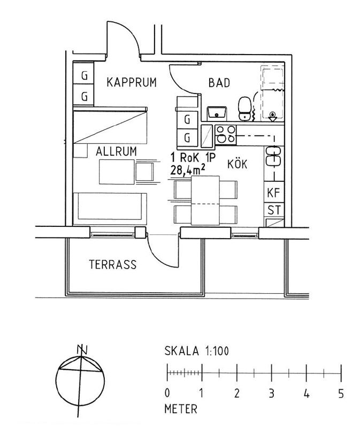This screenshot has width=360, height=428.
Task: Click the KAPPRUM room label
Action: pos(132,82)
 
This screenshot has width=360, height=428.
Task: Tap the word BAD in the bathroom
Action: pos(219,83)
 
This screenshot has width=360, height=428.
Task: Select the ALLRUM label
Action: pos(116,151)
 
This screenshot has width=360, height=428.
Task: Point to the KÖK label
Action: pos(238,164)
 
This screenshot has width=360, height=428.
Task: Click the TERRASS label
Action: pos(113,264)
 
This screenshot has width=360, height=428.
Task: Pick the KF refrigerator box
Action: pos(274,193)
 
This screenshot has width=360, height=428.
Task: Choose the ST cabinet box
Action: pos(274,210)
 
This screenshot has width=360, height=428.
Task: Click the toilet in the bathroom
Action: pos(244,109)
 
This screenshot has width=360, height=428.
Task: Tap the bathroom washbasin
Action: pos(217,113)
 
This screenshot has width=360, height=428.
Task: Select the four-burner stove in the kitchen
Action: pos(226,135)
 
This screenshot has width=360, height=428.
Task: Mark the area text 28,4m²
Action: pos(188,171)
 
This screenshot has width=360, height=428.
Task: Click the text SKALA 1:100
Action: pos(197,351)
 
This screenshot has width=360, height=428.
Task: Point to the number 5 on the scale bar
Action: pos(341,393)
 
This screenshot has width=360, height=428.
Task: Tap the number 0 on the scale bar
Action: pos(167,393)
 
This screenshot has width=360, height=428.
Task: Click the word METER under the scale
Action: pos(181,409)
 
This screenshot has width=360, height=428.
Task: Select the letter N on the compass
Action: pos(82,350)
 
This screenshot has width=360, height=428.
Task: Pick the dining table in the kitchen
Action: pos(205,200)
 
